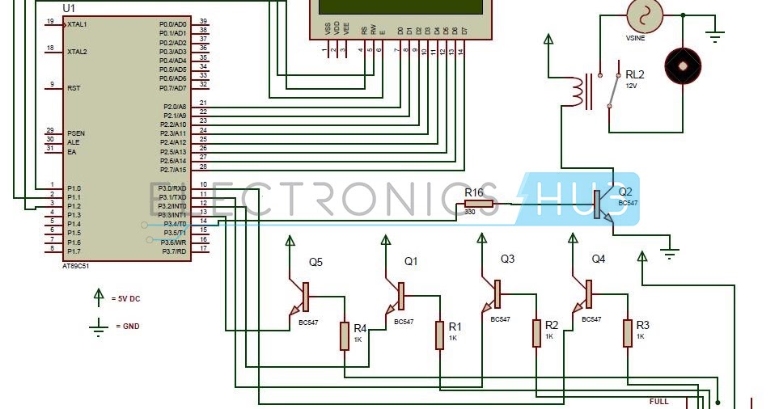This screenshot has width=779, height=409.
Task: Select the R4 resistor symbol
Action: pos(345,335)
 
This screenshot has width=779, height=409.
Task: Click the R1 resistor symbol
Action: pos(440,335)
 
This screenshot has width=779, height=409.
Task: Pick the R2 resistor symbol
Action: pos(536,333)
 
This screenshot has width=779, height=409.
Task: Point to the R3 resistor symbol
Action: pos(627,333)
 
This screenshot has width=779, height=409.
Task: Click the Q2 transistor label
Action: pos(625,192)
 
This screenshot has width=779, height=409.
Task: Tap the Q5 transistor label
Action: pos(315,262)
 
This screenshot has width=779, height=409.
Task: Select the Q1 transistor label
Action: pos(411,261)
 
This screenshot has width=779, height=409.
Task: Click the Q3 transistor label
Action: pos(507,259)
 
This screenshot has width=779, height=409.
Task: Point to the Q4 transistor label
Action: pos(598,259)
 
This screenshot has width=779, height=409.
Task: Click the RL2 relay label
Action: pos(635,74)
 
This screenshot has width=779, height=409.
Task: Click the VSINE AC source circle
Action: pos(645,15)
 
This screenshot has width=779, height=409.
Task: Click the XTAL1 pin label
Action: pos(77,24)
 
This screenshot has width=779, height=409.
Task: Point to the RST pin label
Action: pos(74,87)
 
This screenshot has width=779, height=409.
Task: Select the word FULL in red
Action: pos(659,401)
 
